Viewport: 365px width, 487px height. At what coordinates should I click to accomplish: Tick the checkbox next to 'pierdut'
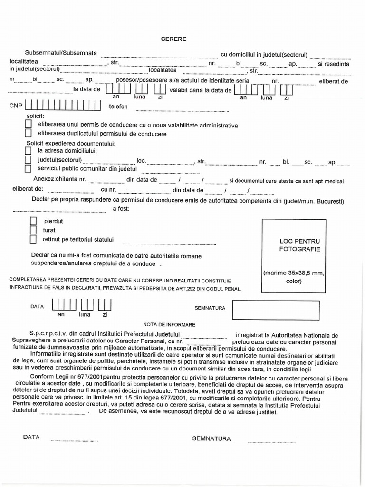click(33, 221)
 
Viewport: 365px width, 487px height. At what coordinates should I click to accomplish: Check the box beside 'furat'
click(33, 230)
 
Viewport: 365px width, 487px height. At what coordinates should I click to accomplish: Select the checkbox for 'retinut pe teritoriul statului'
click(33, 239)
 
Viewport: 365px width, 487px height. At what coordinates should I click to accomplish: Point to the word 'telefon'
click(119, 107)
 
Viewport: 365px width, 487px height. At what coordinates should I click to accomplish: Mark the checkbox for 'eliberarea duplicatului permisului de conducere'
click(28, 134)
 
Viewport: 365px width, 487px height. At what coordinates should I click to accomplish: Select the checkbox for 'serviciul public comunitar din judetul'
click(28, 168)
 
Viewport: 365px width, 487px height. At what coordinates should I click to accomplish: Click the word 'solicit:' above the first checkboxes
click(35, 116)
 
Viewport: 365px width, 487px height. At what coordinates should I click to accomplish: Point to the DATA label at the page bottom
click(31, 437)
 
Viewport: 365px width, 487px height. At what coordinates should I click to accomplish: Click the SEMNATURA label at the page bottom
click(211, 438)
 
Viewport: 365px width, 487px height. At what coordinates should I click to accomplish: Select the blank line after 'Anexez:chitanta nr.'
click(106, 181)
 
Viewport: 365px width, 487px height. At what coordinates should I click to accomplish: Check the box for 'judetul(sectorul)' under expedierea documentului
click(28, 160)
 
